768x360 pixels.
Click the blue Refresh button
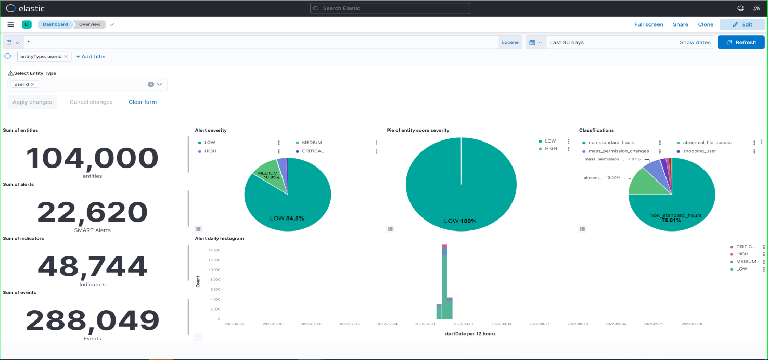(740, 42)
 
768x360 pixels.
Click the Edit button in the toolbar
(742, 24)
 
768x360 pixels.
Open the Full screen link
(648, 24)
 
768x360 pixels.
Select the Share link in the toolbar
(680, 24)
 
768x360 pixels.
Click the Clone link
(706, 24)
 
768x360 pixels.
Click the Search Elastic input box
(390, 8)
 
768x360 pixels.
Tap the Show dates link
(695, 42)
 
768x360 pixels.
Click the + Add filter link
(91, 56)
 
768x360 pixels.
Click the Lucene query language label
(510, 42)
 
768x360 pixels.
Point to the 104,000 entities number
(92, 158)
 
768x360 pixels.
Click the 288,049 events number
(92, 320)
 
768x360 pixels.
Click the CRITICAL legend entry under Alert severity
(313, 151)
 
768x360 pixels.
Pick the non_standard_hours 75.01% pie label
(675, 217)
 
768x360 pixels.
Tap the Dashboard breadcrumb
(55, 24)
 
